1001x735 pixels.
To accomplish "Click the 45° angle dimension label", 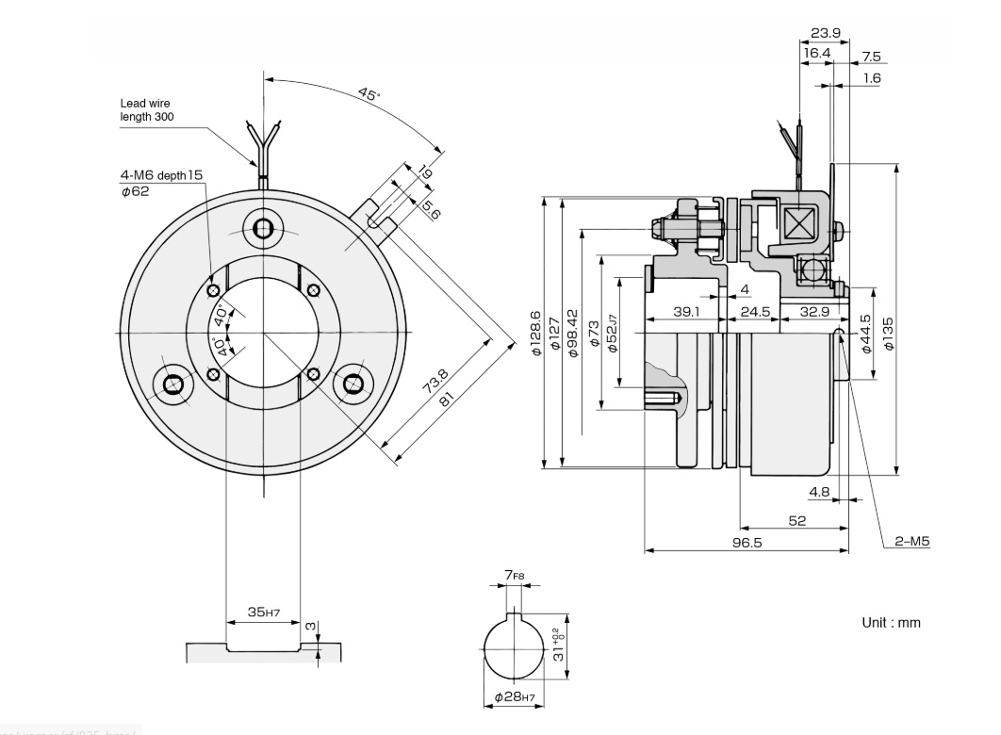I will pyautogui.click(x=369, y=94).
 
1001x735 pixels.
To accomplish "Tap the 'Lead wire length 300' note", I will pyautogui.click(x=146, y=110).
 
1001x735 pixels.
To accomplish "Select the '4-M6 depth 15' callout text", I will pyautogui.click(x=161, y=175).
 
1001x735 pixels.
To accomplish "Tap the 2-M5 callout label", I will pyautogui.click(x=912, y=542).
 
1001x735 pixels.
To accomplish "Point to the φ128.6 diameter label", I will pyautogui.click(x=536, y=333).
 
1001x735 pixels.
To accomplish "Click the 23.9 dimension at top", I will pyautogui.click(x=826, y=33).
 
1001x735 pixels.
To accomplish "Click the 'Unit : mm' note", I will pyautogui.click(x=891, y=623).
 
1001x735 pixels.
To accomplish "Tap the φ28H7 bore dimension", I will pyautogui.click(x=516, y=698).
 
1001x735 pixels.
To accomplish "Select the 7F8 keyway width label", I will pyautogui.click(x=515, y=574).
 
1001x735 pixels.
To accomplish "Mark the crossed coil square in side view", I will pyautogui.click(x=798, y=226).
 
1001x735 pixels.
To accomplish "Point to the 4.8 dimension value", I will pyautogui.click(x=819, y=492).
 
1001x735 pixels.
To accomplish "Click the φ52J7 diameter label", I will pyautogui.click(x=613, y=334).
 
